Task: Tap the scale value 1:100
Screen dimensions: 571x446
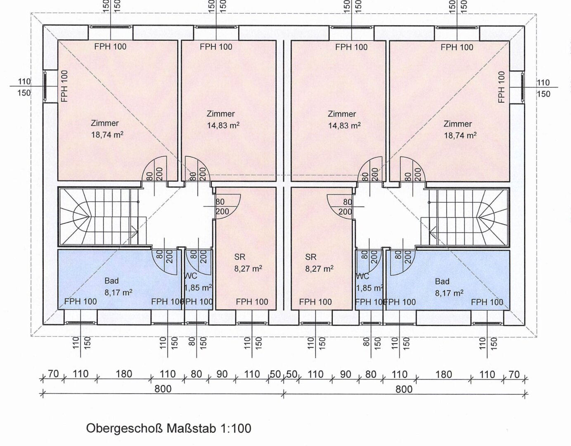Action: [x=236, y=428]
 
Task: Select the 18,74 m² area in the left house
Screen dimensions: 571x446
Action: [x=107, y=135]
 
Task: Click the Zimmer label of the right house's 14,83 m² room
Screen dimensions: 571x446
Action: [x=342, y=114]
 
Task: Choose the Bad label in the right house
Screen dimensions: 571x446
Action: [x=442, y=282]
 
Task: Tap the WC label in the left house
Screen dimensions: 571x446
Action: [x=191, y=276]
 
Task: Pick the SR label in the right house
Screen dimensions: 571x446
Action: [x=311, y=257]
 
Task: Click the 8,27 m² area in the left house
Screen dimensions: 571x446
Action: [x=248, y=268]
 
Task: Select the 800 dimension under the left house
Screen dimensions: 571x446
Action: [x=163, y=389]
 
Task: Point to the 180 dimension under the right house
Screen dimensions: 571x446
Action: [x=443, y=374]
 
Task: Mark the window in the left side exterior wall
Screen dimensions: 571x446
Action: [x=45, y=86]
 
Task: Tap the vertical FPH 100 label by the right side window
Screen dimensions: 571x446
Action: [x=501, y=87]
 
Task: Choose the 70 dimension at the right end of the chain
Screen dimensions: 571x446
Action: [x=514, y=374]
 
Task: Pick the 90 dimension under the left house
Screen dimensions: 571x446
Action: [x=222, y=374]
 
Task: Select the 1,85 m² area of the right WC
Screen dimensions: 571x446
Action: [x=369, y=288]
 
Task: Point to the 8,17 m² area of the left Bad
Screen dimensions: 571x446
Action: [x=118, y=292]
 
